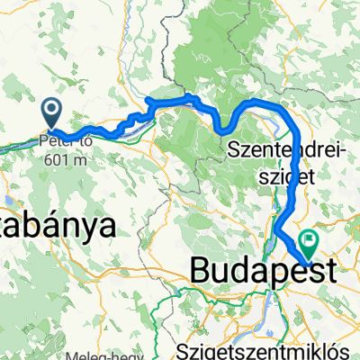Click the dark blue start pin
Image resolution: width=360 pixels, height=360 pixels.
[x=51, y=113]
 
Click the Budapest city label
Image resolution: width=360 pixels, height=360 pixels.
[x=261, y=271]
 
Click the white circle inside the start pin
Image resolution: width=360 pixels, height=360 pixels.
[x=51, y=111]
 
